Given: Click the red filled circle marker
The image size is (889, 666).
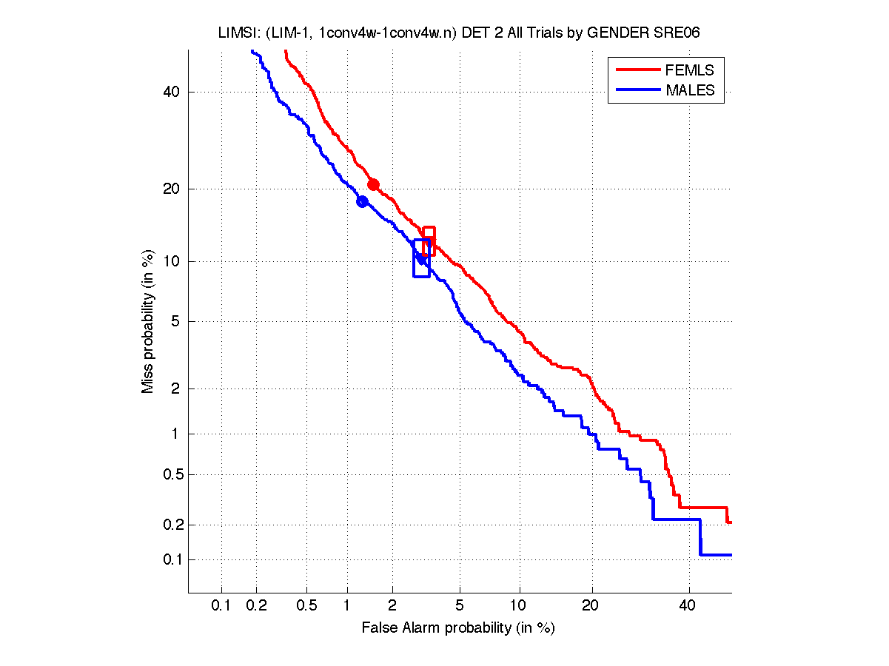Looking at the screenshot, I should point(374,184).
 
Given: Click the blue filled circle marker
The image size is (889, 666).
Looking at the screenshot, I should point(363,201).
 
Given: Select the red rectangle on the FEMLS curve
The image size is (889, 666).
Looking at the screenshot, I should point(429,242).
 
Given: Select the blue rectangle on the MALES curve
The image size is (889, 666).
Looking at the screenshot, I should point(421,258).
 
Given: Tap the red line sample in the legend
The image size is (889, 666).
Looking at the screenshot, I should point(637,70).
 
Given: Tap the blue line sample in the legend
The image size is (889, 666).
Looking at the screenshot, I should point(637,90).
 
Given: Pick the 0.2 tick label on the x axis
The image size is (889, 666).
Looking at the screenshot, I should point(257,606).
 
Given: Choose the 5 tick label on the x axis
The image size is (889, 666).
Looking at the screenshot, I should point(460,606).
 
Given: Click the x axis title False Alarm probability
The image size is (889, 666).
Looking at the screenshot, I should point(458,628).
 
